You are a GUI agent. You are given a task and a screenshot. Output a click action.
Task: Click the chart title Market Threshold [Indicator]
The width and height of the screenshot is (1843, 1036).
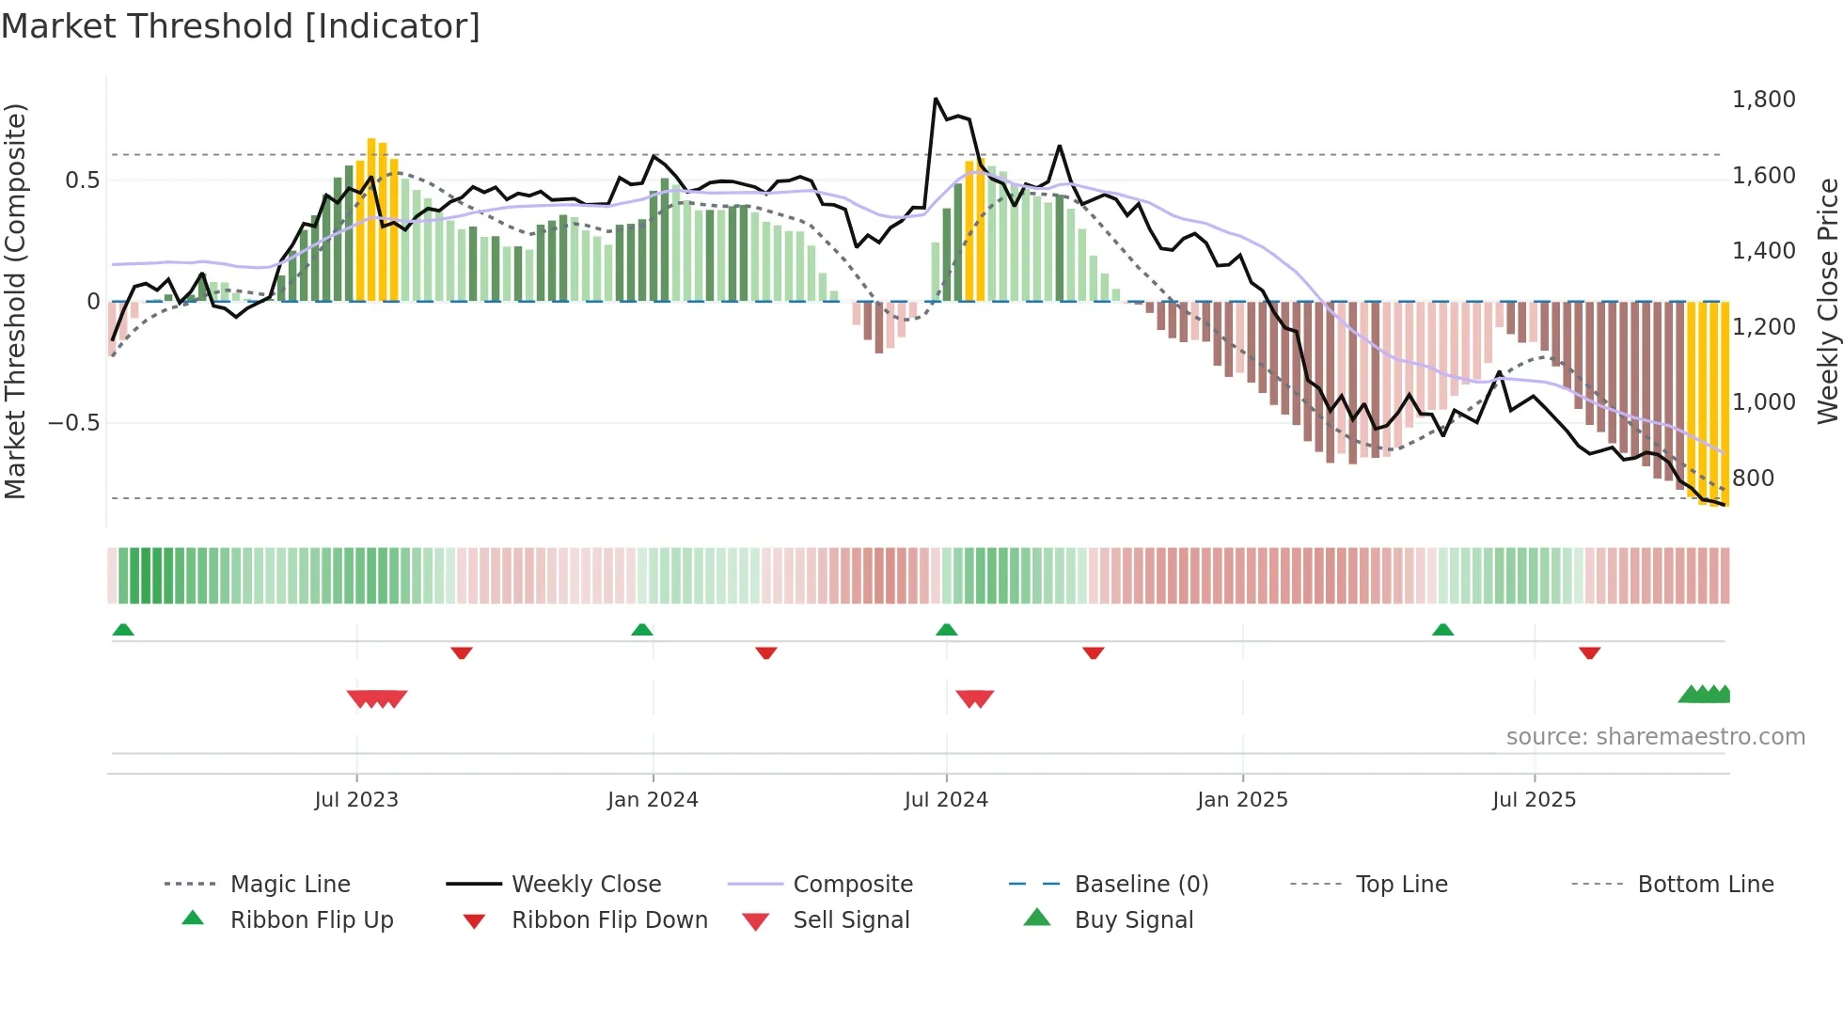241,26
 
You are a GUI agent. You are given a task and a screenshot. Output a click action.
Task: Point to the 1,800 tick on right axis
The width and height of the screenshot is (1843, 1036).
1763,100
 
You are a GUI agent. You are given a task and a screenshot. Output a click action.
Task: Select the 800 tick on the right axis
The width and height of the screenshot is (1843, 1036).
1753,479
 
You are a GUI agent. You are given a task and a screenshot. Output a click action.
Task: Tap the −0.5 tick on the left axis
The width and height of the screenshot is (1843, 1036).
73,423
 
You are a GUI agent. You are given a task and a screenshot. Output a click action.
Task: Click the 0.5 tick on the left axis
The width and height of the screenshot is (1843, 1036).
82,181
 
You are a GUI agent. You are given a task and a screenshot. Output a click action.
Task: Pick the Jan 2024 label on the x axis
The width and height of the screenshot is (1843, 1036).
653,800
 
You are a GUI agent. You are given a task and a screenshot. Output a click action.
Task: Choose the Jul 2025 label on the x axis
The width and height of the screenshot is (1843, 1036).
1534,800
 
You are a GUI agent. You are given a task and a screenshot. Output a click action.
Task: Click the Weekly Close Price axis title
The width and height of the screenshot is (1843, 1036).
1827,301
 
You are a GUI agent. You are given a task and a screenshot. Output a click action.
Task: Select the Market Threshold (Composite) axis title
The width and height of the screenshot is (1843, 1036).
16,301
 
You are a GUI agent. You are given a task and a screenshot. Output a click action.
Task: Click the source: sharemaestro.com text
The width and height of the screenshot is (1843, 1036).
1655,737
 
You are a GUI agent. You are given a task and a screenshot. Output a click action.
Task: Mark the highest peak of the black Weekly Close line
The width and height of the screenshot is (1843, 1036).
936,99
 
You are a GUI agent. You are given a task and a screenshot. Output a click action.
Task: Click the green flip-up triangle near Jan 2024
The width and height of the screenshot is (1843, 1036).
642,630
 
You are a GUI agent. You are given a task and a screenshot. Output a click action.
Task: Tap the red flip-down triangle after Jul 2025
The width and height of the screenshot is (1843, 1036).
1589,652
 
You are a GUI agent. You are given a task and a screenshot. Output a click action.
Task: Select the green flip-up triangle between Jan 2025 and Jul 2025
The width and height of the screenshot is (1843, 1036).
1442,630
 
